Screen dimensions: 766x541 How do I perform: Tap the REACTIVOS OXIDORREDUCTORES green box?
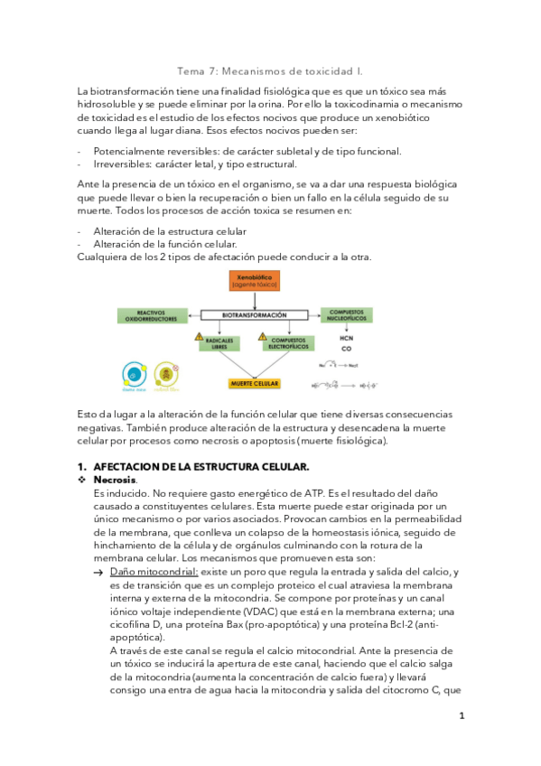pos(149,315)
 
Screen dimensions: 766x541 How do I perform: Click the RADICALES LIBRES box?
pos(218,341)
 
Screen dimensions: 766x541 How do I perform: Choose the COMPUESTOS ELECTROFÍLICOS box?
pos(286,341)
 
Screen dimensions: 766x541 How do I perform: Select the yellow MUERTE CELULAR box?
pos(252,383)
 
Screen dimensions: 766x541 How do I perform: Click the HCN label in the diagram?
pos(346,338)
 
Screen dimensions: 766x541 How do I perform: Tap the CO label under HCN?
pos(346,349)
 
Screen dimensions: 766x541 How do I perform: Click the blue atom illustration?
pos(134,373)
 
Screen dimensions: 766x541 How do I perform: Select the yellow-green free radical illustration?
pos(164,373)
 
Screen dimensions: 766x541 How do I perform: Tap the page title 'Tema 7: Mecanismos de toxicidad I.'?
pos(270,70)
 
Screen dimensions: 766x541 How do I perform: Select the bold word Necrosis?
pos(115,480)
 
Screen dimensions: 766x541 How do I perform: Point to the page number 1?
pos(461,715)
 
